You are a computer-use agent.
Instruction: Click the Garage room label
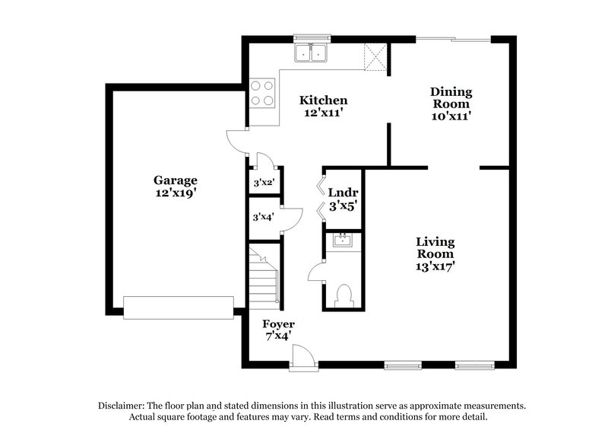coord(176,186)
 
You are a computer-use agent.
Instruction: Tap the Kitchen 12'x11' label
coord(323,107)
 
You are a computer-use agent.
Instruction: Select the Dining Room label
coord(452,104)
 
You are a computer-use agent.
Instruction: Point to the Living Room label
coord(435,254)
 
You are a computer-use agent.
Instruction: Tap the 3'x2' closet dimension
coord(263,183)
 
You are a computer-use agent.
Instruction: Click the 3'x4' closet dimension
coord(263,217)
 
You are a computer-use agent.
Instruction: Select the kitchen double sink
coord(311,53)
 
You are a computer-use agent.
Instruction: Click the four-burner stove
coord(262,93)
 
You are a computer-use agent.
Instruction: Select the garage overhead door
coord(179,308)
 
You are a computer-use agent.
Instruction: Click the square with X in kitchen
coord(374,56)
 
